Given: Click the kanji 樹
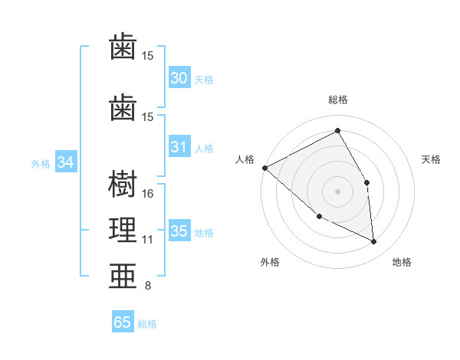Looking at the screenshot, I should [123, 185].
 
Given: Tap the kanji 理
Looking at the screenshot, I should [123, 230].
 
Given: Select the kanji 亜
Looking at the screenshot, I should [123, 276].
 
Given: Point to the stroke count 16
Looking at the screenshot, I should [149, 193].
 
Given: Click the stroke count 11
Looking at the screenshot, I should [148, 240].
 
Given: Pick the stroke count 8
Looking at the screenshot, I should [148, 286].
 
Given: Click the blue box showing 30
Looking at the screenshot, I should [179, 78].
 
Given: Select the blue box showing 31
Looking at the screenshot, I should [179, 147].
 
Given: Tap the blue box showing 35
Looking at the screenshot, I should [179, 231].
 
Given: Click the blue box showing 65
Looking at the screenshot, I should [122, 322].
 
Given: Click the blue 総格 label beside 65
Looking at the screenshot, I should [148, 324].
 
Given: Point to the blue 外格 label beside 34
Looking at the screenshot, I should [41, 164].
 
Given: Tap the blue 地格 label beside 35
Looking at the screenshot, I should [204, 233].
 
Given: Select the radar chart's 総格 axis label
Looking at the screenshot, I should [337, 100].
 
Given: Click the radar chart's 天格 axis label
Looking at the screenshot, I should [432, 159].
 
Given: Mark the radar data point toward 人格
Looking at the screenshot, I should [264, 167].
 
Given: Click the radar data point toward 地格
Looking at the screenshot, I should [373, 242].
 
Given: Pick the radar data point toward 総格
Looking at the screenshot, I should [337, 130].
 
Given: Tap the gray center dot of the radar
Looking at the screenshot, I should [337, 191].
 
